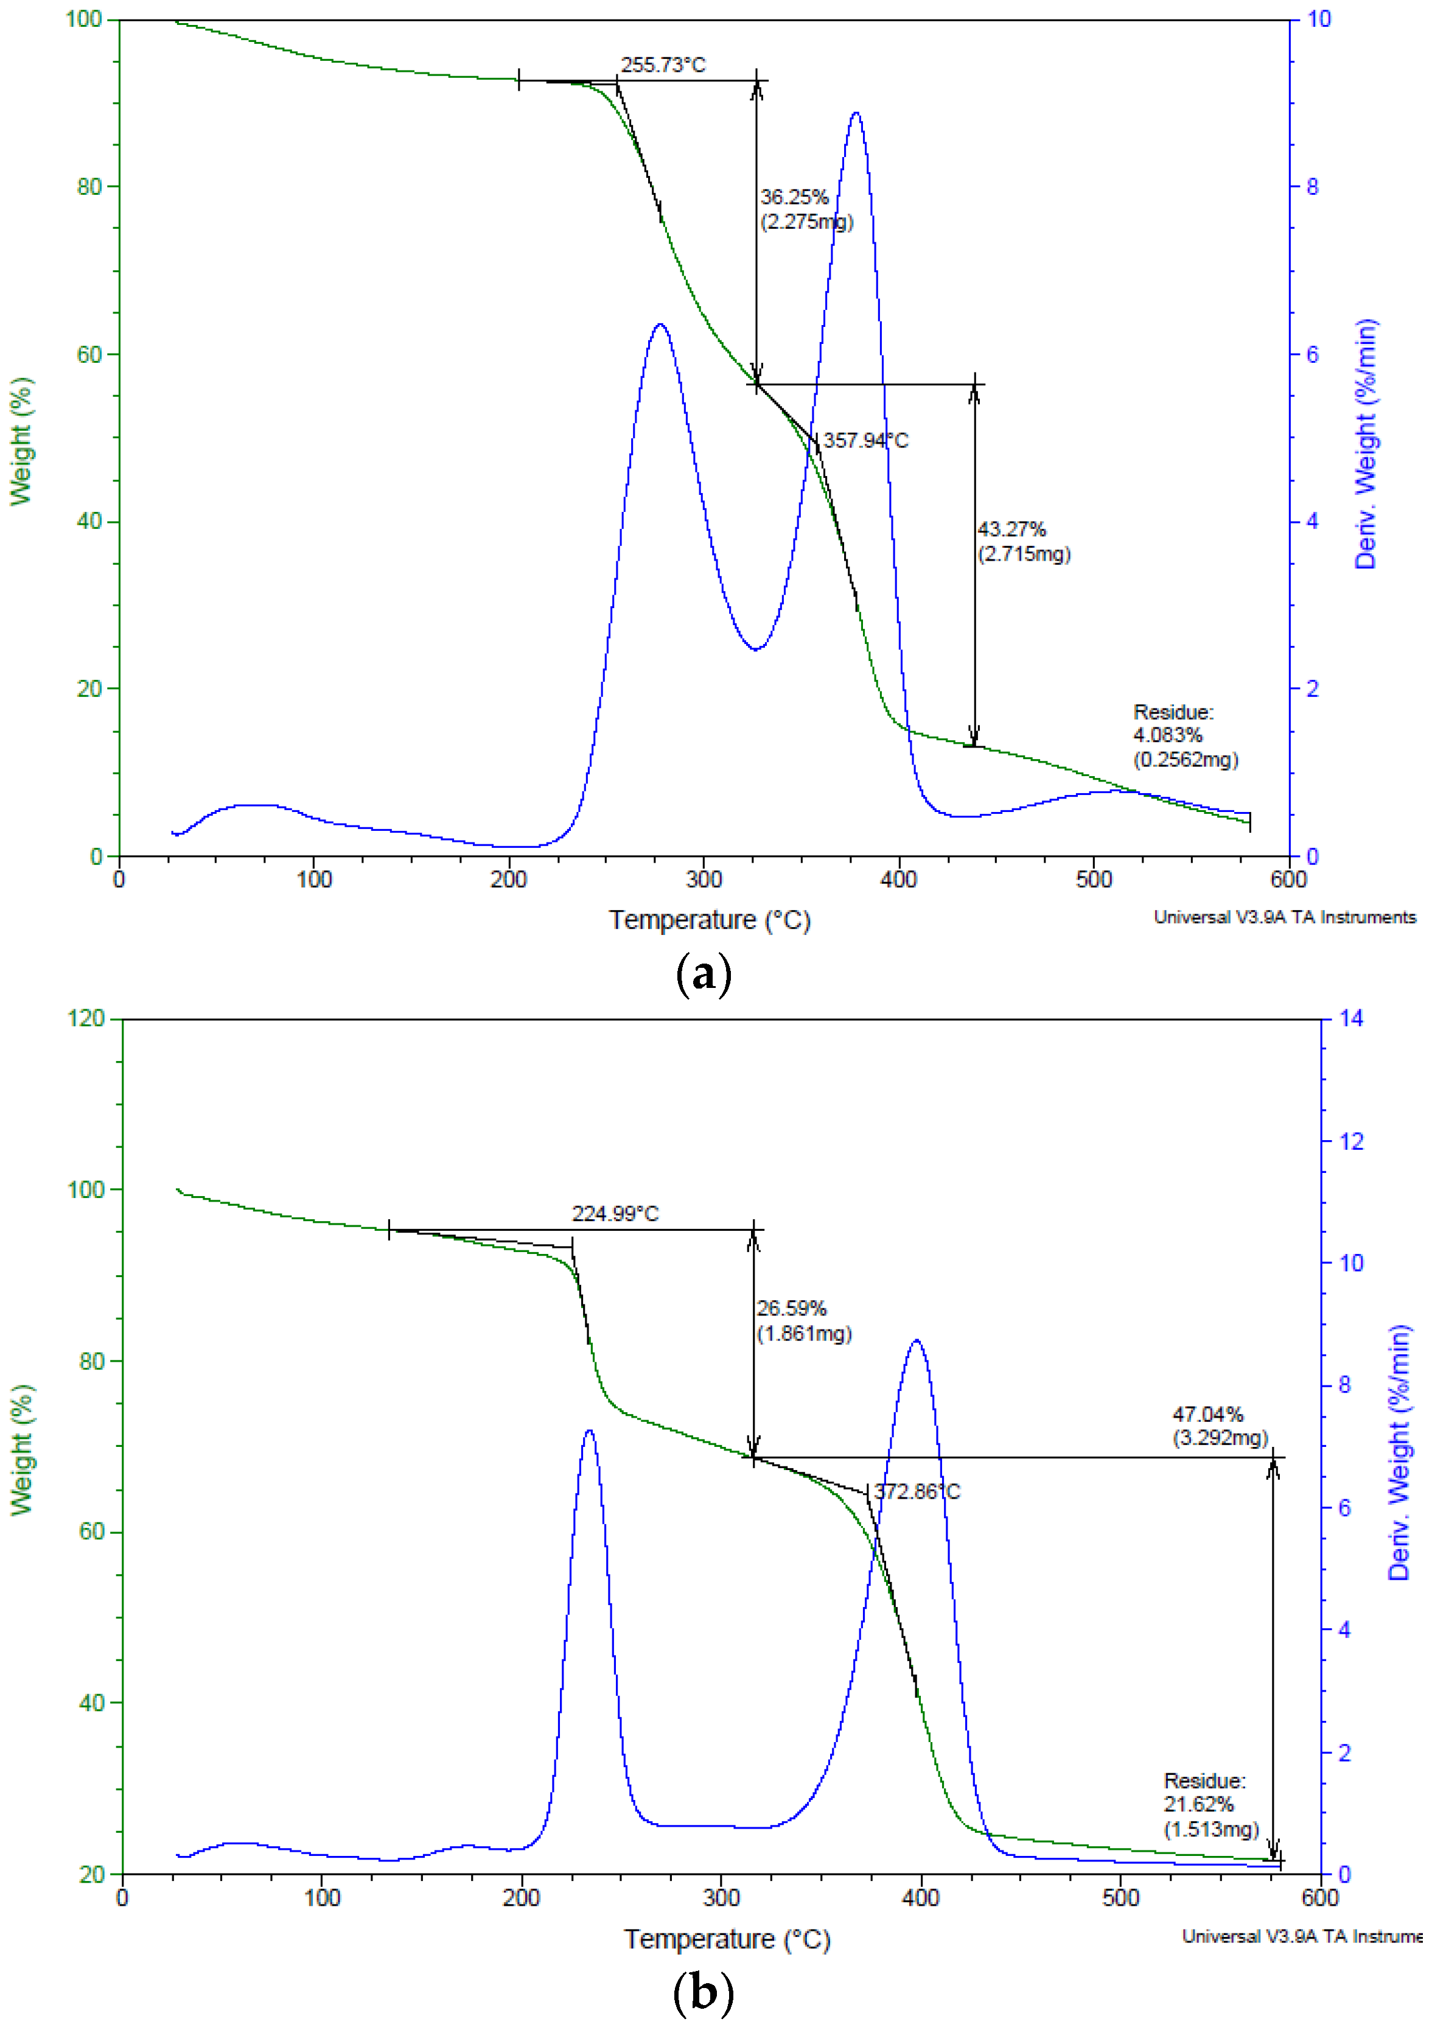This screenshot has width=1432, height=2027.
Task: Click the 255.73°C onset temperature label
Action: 662,65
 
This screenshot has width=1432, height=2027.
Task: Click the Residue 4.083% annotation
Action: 1185,735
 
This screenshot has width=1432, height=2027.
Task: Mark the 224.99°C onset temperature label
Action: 615,1214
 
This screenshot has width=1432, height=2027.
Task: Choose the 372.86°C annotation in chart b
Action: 917,1492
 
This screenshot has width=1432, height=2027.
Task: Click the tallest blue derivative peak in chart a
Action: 856,113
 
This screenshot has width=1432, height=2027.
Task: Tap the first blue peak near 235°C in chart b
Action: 589,1431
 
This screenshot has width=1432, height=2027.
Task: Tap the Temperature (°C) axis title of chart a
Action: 709,921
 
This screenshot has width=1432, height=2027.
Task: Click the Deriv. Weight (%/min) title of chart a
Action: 1366,444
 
